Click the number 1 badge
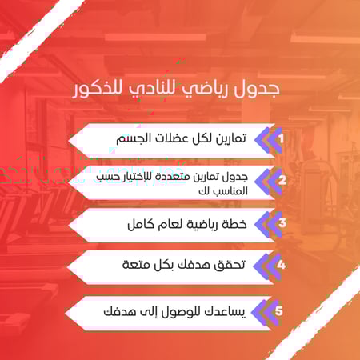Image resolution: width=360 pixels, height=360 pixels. pyautogui.click(x=281, y=138)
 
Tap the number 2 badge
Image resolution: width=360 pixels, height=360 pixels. pyautogui.click(x=281, y=180)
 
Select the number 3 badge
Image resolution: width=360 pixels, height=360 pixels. pyautogui.click(x=281, y=223)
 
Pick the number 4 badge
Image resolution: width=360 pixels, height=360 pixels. pyautogui.click(x=281, y=264)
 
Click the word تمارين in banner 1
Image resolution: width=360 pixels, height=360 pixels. pyautogui.click(x=230, y=138)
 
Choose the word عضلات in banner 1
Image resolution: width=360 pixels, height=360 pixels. pyautogui.click(x=175, y=138)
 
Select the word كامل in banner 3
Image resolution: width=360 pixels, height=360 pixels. pyautogui.click(x=142, y=223)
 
